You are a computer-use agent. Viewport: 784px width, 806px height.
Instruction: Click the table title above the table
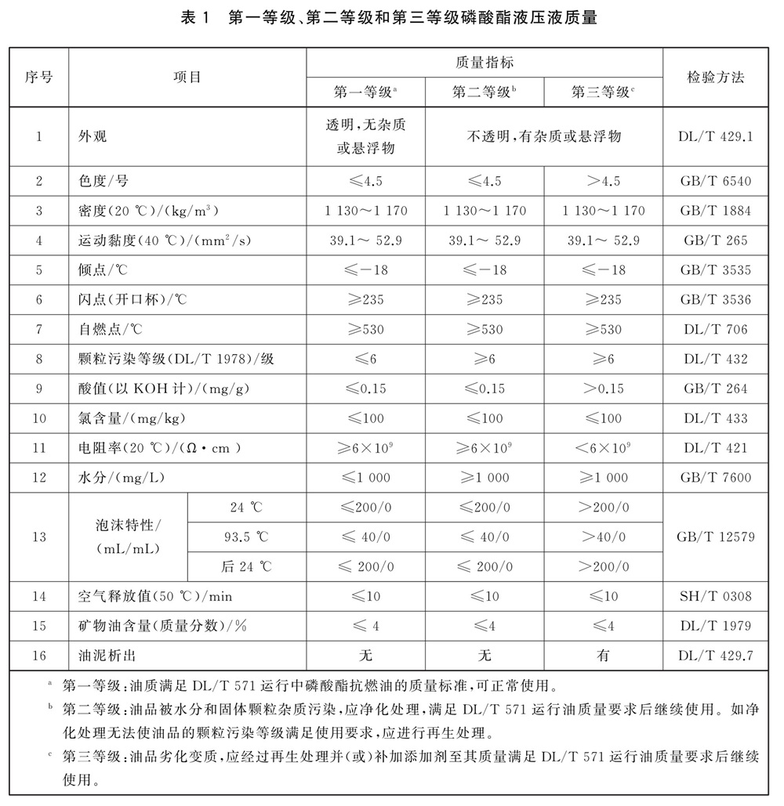pos(391,17)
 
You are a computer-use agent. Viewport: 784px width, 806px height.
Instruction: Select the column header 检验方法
pos(715,77)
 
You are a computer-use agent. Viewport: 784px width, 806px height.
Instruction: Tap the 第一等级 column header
pos(365,92)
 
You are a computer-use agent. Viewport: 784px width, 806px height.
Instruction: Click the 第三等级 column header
pos(602,92)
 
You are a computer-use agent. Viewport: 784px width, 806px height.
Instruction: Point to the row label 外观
pos(92,136)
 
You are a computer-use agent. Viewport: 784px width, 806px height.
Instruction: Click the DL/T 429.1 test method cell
pos(715,136)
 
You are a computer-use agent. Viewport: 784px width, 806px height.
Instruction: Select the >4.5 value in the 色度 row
pos(603,181)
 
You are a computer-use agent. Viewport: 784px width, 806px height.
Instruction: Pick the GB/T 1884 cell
pos(715,211)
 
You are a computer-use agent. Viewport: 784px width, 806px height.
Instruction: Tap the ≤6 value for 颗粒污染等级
pos(365,359)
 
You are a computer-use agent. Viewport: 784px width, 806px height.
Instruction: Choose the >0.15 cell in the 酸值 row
pos(603,389)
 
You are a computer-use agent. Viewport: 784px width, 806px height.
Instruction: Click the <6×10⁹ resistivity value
pos(603,448)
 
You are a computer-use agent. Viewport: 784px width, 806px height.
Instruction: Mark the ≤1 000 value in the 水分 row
pos(365,478)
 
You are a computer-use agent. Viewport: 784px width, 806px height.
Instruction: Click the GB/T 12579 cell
pos(715,537)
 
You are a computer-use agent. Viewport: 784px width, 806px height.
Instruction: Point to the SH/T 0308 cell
pos(715,596)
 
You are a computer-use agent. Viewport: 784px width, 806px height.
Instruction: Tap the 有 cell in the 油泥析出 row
pos(603,656)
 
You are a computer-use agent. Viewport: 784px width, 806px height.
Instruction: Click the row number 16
pos(38,656)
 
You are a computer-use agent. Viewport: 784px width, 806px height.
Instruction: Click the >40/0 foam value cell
pos(603,537)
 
